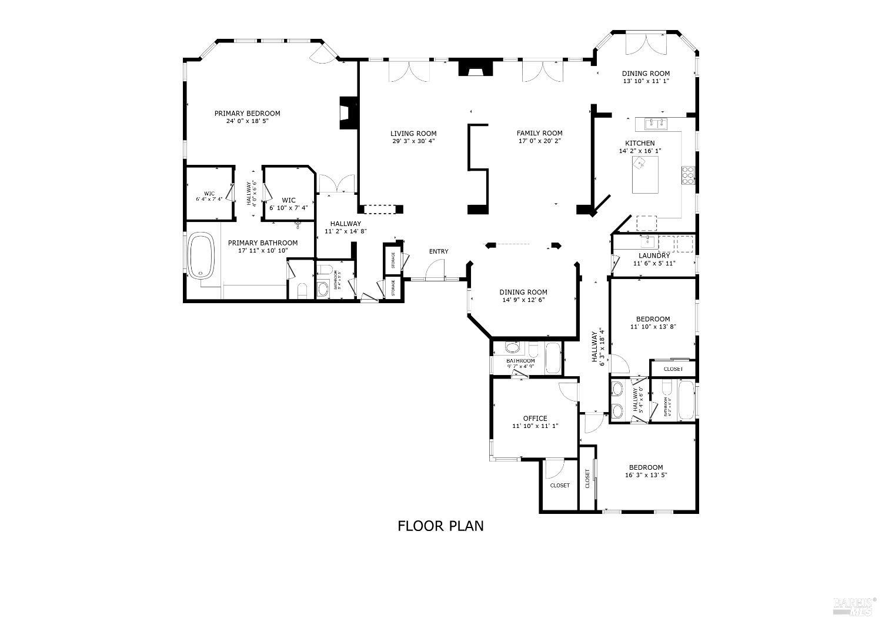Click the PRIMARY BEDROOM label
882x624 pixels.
coord(247,114)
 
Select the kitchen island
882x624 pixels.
coord(645,175)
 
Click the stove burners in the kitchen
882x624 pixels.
coord(688,175)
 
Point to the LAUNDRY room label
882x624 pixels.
coord(654,255)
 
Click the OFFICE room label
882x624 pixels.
coord(534,419)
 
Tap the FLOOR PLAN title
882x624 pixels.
coord(440,526)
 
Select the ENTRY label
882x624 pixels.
coord(438,251)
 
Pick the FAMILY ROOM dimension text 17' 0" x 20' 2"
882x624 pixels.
coord(539,141)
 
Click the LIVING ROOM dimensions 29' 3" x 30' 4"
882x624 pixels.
coord(413,141)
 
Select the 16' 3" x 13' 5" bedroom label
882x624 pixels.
coord(646,475)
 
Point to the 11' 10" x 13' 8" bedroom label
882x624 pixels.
coord(653,327)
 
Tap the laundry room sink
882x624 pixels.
coord(647,241)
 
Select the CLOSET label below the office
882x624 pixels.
coord(559,486)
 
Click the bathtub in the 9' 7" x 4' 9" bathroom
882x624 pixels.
coord(553,357)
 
